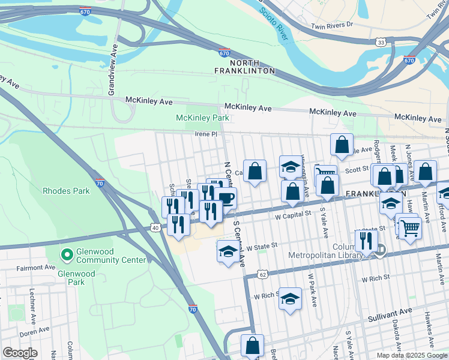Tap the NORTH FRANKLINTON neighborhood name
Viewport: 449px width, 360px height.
pos(244,67)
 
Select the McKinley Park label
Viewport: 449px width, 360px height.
pos(202,118)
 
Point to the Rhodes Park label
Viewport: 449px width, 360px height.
pos(66,191)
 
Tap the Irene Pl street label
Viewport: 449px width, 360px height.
pos(205,134)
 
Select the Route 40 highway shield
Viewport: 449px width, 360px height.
pos(155,227)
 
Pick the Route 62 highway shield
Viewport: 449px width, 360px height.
pos(262,274)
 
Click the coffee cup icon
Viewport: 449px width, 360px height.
pos(226,197)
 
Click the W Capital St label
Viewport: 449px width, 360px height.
pos(292,213)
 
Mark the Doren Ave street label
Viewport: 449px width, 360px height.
pos(34,331)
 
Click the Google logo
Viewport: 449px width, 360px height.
pos(20,353)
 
